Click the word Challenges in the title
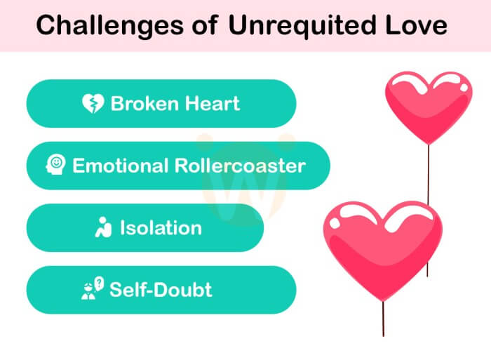coord(110,26)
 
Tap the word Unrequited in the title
coord(302,26)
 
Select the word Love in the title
coord(416,25)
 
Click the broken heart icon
coord(93,103)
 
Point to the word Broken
coord(146,103)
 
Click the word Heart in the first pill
coord(213,103)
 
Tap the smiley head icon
coord(55,164)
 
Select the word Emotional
coord(121,166)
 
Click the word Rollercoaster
coord(240,166)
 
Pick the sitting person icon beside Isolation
coord(103,227)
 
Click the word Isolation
coord(161,228)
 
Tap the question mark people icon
coord(93,288)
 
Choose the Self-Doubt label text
coord(161,290)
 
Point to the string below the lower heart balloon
coord(383,319)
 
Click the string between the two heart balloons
coord(429,175)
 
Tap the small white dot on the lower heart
coord(335,223)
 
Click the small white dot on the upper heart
coord(464,88)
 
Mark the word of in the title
coord(205,25)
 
